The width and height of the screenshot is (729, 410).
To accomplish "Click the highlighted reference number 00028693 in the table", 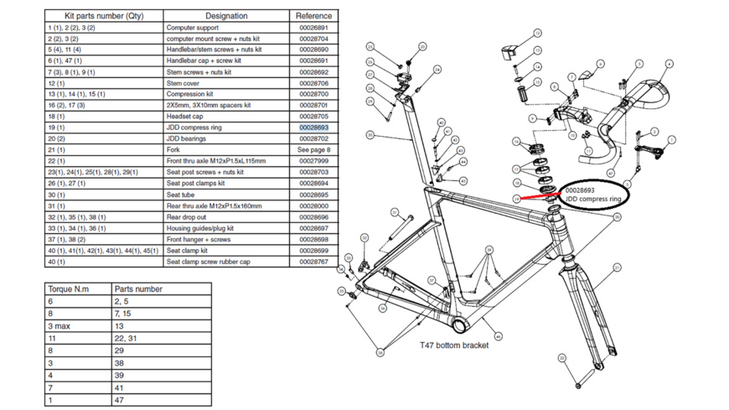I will pos(313,127).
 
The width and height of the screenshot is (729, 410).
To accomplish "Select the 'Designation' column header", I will pos(226,15).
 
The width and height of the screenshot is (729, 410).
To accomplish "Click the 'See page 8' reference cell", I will pos(314,150).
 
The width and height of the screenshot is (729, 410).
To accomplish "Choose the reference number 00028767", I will pos(313,262).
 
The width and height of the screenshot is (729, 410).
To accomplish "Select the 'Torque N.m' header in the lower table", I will pos(69,289).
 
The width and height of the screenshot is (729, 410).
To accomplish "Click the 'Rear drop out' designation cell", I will pos(189,217).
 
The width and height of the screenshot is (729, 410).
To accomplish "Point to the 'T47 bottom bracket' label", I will pos(454,345).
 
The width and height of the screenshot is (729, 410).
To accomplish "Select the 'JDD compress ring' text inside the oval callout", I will pos(592,200).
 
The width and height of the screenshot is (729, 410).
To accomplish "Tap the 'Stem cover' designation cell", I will pos(184,83).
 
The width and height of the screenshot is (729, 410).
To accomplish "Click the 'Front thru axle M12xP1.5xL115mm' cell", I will pos(216,161).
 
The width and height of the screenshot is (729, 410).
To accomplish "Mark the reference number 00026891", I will pos(313,28).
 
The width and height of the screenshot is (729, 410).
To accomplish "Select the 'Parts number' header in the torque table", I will pos(139,289).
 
